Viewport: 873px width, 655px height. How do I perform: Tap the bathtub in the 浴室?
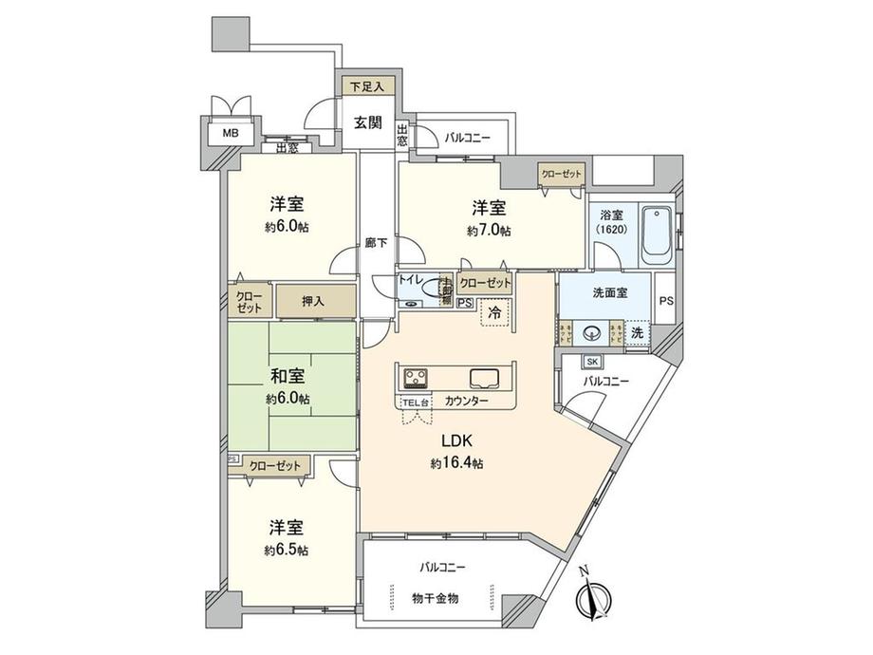click(x=657, y=234)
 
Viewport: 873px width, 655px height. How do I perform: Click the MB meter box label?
click(x=231, y=133)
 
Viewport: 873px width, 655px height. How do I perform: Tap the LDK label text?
click(x=448, y=441)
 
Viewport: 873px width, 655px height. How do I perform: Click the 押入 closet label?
click(x=314, y=301)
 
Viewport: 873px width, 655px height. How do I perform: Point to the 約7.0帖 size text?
click(x=486, y=231)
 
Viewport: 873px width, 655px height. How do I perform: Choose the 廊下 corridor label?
click(x=377, y=243)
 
